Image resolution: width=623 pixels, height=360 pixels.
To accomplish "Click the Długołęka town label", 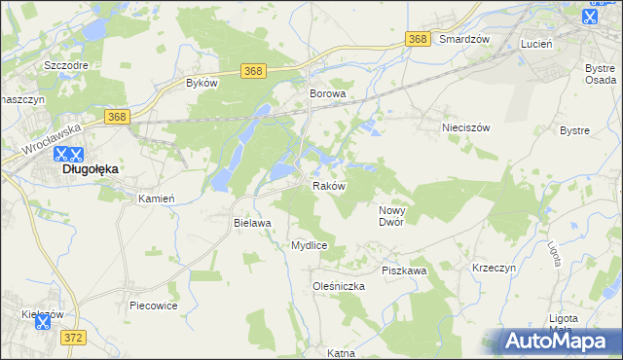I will (91, 169).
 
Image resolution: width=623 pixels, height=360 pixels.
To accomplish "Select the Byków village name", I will (202, 84).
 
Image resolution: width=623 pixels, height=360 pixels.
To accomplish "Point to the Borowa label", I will (328, 94).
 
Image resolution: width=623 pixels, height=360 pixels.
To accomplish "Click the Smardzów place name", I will (463, 39).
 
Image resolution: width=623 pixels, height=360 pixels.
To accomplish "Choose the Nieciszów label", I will (464, 127).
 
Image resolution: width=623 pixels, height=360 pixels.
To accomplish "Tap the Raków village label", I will (328, 186).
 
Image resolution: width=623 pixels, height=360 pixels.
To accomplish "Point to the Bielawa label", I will (251, 223).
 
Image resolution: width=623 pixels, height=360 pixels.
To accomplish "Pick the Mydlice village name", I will (309, 246).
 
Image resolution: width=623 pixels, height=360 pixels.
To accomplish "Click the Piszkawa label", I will (404, 270).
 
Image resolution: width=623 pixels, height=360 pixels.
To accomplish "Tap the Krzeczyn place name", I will (495, 267).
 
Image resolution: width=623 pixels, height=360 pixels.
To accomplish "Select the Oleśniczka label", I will (338, 286).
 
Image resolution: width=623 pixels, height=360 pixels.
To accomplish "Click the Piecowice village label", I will (154, 306).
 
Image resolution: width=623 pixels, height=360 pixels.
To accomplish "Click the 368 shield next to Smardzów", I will (419, 39).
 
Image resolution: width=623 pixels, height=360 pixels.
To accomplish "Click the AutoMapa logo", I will (558, 341).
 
